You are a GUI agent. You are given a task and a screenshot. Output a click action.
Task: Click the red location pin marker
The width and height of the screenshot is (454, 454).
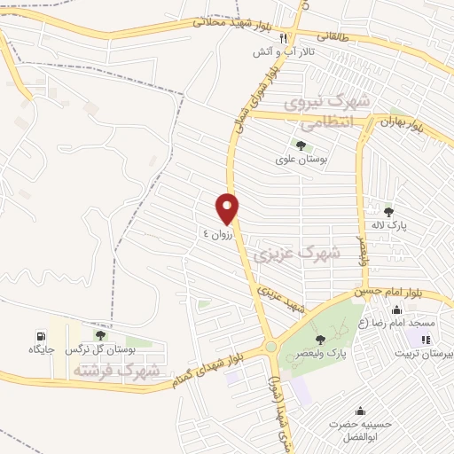pyautogui.click(x=228, y=208)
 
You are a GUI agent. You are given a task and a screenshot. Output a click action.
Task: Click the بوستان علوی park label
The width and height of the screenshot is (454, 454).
pyautogui.click(x=300, y=160)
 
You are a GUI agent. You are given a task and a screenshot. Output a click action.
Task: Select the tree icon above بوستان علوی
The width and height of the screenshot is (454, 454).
pyautogui.click(x=300, y=145)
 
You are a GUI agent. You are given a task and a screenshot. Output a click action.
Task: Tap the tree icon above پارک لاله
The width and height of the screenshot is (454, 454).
pyautogui.click(x=388, y=211)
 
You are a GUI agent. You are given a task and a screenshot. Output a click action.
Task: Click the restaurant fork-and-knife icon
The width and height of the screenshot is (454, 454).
pyautogui.click(x=283, y=38)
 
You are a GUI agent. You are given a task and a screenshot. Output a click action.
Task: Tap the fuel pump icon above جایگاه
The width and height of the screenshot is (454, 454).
pyautogui.click(x=42, y=336)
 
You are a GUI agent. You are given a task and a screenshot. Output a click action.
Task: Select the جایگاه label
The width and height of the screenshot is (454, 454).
pyautogui.click(x=42, y=350)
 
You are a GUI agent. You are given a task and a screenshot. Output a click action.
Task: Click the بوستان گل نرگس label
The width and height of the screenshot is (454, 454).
pyautogui.click(x=100, y=350)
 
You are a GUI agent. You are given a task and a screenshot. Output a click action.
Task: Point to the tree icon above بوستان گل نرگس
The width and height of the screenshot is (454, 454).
pyautogui.click(x=99, y=335)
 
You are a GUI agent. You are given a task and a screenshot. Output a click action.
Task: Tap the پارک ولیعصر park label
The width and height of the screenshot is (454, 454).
pyautogui.click(x=324, y=354)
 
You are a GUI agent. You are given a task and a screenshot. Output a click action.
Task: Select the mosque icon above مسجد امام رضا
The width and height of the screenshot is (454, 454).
pyautogui.click(x=395, y=309)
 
